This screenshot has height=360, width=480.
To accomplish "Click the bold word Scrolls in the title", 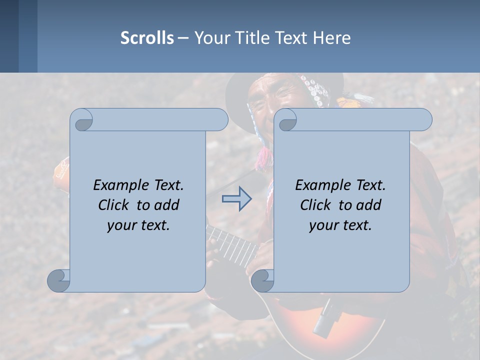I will (147, 38).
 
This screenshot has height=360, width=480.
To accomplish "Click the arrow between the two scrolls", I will (236, 199).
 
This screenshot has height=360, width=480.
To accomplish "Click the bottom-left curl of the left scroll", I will (59, 281).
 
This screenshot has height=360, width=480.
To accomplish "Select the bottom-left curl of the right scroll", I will (262, 281).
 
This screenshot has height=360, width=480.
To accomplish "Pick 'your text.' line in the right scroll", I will (340, 225).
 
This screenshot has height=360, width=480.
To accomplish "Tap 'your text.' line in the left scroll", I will (138, 225).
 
